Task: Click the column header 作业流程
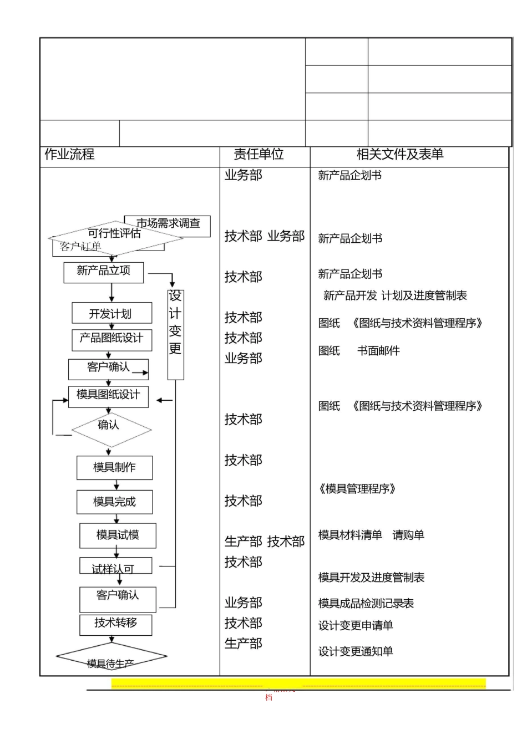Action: pos(69,155)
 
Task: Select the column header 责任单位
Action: pos(259,155)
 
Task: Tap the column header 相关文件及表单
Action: pos(399,155)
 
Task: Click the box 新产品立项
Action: pos(104,272)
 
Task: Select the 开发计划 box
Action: pos(111,314)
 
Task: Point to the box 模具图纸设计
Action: pos(108,396)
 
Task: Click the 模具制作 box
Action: pos(114,467)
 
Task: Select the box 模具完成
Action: pos(114,502)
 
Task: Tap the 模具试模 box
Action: pos(118,535)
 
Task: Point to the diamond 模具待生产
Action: pos(111,657)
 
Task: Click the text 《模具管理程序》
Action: pos(357,489)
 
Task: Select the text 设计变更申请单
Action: pos(356,626)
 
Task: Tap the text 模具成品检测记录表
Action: pos(366,604)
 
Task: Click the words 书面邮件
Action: pos(378,351)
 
